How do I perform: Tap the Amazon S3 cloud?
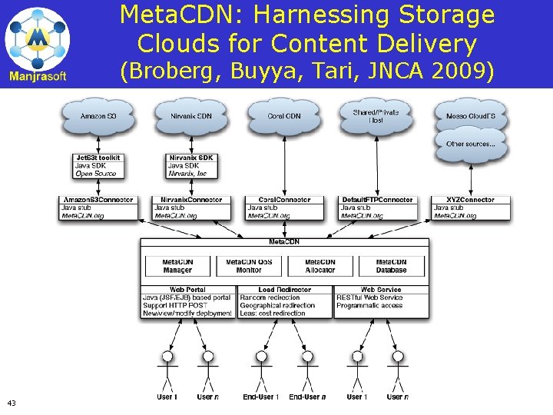click(98, 116)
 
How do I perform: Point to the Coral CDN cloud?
click(283, 116)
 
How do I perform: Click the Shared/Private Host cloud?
click(376, 116)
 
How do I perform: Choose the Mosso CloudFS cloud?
click(469, 116)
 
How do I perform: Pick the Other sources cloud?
click(470, 144)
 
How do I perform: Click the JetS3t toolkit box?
click(99, 166)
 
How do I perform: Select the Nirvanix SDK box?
click(191, 166)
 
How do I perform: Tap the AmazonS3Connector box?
click(99, 208)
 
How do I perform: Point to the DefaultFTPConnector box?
click(379, 208)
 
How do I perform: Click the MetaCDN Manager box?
click(177, 266)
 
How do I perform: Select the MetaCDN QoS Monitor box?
click(249, 266)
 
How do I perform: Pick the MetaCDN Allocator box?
click(320, 266)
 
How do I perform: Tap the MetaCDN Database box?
click(391, 266)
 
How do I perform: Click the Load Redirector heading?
click(285, 290)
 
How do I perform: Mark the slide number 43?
click(12, 403)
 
